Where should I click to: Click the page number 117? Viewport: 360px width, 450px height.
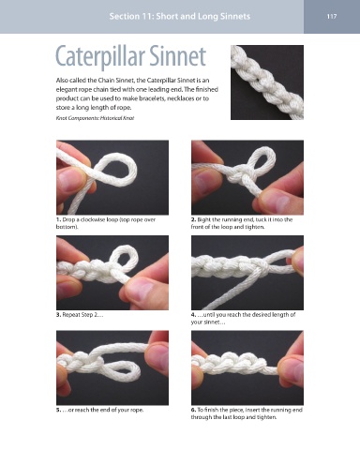pyautogui.click(x=332, y=16)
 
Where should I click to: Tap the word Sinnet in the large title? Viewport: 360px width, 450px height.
pyautogui.click(x=177, y=55)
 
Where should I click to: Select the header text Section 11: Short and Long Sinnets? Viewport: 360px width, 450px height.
pyautogui.click(x=180, y=16)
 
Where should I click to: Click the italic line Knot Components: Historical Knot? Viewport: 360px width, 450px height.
pyautogui.click(x=95, y=118)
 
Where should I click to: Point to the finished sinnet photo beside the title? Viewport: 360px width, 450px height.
pyautogui.click(x=267, y=82)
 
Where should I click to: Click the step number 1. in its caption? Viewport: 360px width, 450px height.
pyautogui.click(x=58, y=219)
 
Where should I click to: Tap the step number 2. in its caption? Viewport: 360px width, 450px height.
pyautogui.click(x=193, y=219)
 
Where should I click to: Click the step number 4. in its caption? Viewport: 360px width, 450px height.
pyautogui.click(x=193, y=315)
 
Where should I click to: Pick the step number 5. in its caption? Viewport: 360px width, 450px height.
pyautogui.click(x=58, y=410)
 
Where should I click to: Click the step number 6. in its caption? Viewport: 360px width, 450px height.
pyautogui.click(x=193, y=410)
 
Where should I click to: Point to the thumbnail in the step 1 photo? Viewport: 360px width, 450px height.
pyautogui.click(x=70, y=180)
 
